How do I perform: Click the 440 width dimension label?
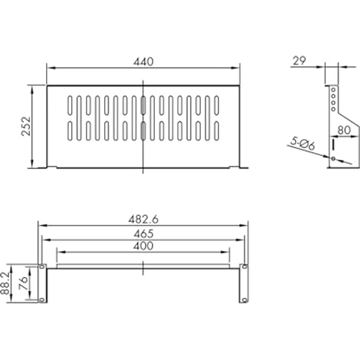(x=143, y=62)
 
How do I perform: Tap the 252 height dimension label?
(x=26, y=127)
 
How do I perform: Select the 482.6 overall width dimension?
(x=143, y=220)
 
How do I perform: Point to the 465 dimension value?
(x=143, y=234)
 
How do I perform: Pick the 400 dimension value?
(x=143, y=246)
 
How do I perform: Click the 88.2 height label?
(x=5, y=283)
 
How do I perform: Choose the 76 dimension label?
(x=23, y=283)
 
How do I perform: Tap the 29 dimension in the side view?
(x=299, y=61)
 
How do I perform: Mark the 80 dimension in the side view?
(x=344, y=130)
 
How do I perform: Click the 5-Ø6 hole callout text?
(x=303, y=143)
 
